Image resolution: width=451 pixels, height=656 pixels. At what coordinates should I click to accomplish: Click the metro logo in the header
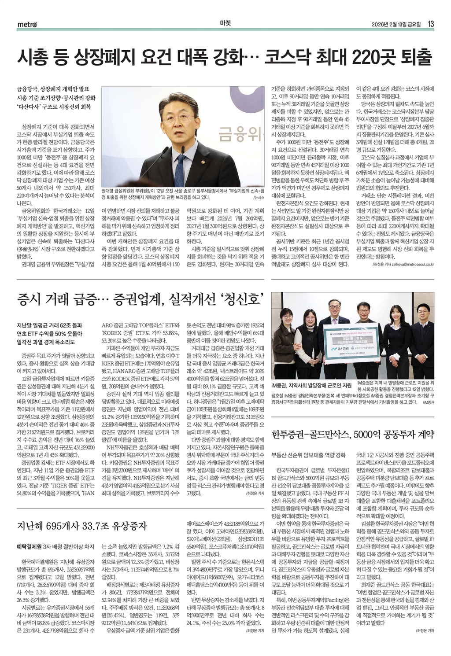pos(28,24)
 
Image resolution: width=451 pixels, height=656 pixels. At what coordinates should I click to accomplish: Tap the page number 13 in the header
pos(431,24)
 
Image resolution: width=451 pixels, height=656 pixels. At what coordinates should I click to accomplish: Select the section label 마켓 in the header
pos(225,24)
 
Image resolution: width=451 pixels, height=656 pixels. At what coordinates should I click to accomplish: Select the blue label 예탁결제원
pos(29,546)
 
